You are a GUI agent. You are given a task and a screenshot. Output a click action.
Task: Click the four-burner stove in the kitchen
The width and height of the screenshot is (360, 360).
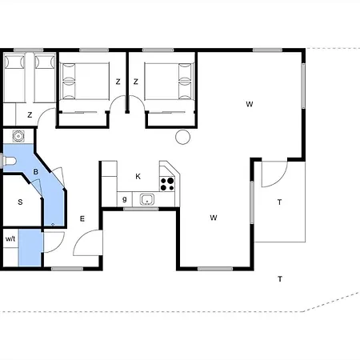(x=167, y=184)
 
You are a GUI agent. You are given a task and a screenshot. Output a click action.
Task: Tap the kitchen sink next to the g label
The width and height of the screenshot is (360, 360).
(x=147, y=199)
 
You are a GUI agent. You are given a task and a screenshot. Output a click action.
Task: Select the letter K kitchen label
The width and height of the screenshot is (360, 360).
(x=138, y=176)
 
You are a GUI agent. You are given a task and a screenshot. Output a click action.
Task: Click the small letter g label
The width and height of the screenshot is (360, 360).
(x=125, y=199)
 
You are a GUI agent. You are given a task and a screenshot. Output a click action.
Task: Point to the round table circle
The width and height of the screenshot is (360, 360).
(x=183, y=137)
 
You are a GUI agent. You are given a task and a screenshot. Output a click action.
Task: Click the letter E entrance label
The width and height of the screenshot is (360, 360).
(x=82, y=219)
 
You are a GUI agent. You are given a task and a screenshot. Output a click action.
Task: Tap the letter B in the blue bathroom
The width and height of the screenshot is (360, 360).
(x=36, y=172)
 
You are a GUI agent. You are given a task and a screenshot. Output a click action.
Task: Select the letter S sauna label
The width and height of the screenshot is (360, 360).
(x=20, y=202)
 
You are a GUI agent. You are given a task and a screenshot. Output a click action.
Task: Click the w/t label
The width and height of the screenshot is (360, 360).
(x=10, y=238)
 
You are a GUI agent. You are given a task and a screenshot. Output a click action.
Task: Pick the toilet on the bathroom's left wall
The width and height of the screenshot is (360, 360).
(x=9, y=161)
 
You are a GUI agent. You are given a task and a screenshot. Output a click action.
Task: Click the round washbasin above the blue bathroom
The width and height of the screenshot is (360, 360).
(x=18, y=136)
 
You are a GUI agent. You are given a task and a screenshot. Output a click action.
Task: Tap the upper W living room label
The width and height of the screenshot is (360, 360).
(x=250, y=104)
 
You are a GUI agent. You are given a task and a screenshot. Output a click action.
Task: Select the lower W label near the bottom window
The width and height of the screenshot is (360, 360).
(x=214, y=218)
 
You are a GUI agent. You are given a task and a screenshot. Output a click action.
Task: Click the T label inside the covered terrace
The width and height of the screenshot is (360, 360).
(x=279, y=202)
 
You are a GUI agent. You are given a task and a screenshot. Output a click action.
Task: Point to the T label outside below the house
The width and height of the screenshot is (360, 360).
(x=280, y=279)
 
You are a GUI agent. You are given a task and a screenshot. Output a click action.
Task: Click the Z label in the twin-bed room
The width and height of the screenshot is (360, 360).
(x=30, y=115)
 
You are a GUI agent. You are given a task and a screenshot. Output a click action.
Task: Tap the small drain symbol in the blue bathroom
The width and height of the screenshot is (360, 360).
(x=53, y=225)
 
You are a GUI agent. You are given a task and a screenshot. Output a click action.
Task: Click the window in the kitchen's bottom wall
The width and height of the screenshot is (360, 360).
(x=141, y=209)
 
